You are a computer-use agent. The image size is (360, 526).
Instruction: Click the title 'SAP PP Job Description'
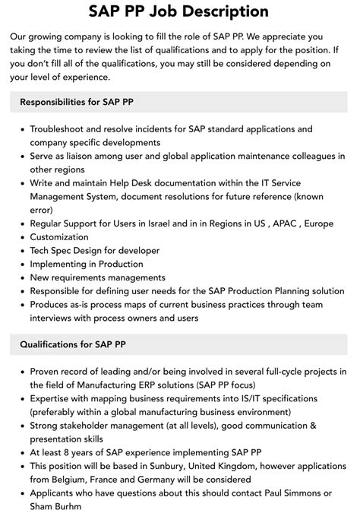[x=179, y=11]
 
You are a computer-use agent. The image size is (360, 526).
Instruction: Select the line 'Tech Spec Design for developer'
[x=94, y=251]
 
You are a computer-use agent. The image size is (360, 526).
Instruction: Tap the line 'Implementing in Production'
[x=86, y=265]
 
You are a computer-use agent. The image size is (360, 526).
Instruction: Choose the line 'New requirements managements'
[x=97, y=277]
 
